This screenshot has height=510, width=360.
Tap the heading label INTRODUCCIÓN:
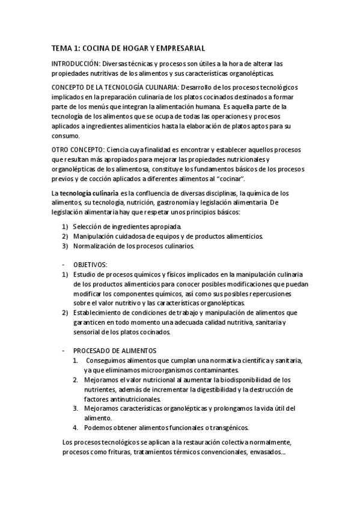tap(75, 63)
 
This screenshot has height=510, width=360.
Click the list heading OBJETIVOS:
tap(90, 264)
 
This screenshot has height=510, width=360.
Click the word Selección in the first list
tap(88, 227)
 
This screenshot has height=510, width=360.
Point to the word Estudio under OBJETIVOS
tap(85, 274)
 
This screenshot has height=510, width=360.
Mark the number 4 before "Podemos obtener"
tap(75, 428)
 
